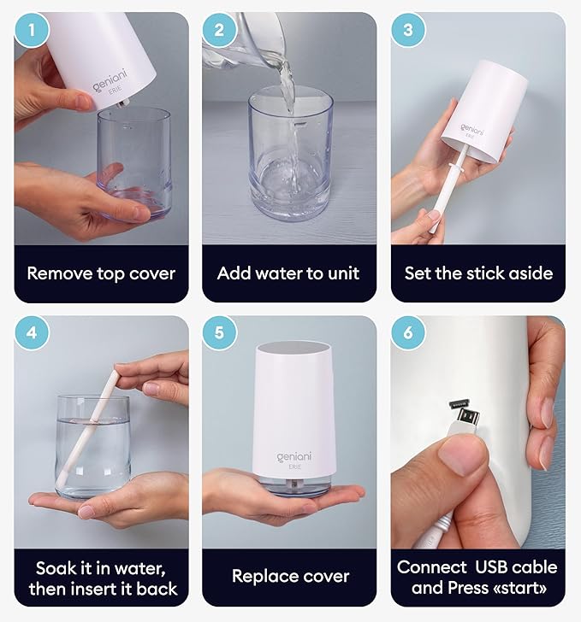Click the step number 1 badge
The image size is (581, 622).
tap(33, 31)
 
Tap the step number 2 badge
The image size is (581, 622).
tap(220, 31)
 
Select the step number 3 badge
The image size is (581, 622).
tap(408, 31)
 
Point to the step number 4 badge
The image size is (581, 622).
tap(33, 333)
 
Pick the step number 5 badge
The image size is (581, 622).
tap(220, 333)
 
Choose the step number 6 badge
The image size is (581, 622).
tap(408, 333)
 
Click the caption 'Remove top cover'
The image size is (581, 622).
tap(101, 273)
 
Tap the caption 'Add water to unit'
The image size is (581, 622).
tap(288, 273)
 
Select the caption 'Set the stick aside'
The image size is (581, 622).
tap(478, 273)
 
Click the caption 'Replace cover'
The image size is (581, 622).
tap(290, 576)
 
